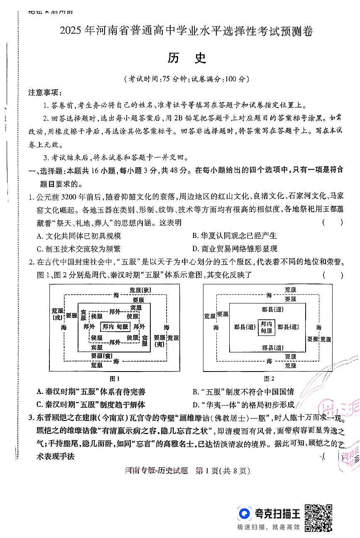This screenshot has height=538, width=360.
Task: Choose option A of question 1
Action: point(79,236)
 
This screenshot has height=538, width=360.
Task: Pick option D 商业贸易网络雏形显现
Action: point(235,249)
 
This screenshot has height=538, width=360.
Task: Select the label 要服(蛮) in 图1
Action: point(102,356)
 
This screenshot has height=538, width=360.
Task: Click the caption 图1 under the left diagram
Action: point(114,379)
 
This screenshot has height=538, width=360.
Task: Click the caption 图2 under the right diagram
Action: point(269,379)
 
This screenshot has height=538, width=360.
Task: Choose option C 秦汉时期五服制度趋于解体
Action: point(91,405)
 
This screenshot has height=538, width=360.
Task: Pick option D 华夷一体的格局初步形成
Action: point(243,405)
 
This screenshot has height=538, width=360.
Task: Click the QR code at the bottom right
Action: point(318,518)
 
